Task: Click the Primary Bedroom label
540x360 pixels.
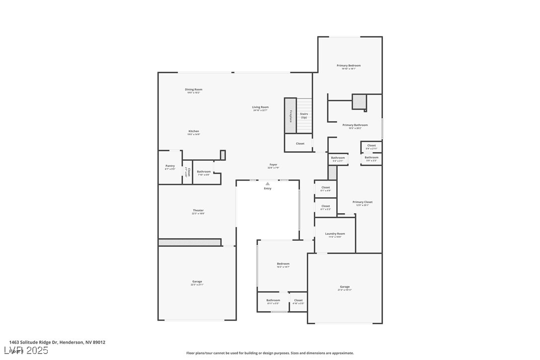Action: tap(348, 66)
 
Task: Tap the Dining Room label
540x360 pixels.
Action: tap(194, 90)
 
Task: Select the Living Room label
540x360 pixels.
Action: tap(260, 107)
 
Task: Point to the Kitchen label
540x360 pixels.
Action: tap(193, 131)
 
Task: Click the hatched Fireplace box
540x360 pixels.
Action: tap(290, 115)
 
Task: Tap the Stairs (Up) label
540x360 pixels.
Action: tap(304, 115)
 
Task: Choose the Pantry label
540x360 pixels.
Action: tap(170, 166)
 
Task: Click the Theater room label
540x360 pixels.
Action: tap(198, 210)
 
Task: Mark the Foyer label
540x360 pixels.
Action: tap(273, 165)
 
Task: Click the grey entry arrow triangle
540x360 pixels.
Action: tap(268, 183)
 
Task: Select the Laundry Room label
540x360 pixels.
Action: tap(335, 234)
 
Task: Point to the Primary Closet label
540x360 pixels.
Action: tap(362, 202)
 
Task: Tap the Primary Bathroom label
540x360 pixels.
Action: tap(355, 125)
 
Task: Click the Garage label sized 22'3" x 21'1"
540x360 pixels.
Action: tap(197, 281)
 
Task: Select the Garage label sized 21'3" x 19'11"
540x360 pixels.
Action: tap(345, 286)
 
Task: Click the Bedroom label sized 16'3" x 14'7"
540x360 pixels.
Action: tap(283, 264)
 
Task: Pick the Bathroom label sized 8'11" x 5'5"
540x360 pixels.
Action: tap(273, 300)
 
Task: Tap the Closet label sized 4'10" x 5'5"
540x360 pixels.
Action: tap(298, 300)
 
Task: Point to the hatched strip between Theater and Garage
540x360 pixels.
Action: tap(189, 242)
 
